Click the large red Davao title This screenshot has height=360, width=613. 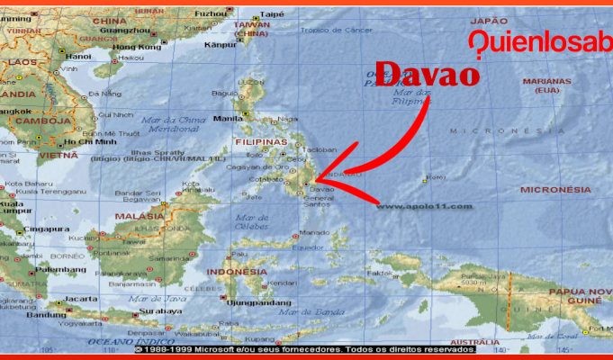coord(427,74)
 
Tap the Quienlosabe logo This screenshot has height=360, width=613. coord(540,42)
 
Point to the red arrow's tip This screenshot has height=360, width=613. coord(318,184)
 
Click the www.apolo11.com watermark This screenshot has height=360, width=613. coord(424,206)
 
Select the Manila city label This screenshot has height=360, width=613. coord(229,118)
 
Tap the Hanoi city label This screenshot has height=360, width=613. coord(78,56)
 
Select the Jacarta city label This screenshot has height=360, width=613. coord(81,298)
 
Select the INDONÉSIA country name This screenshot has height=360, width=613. coord(237,271)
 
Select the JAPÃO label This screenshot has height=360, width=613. coord(489,20)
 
